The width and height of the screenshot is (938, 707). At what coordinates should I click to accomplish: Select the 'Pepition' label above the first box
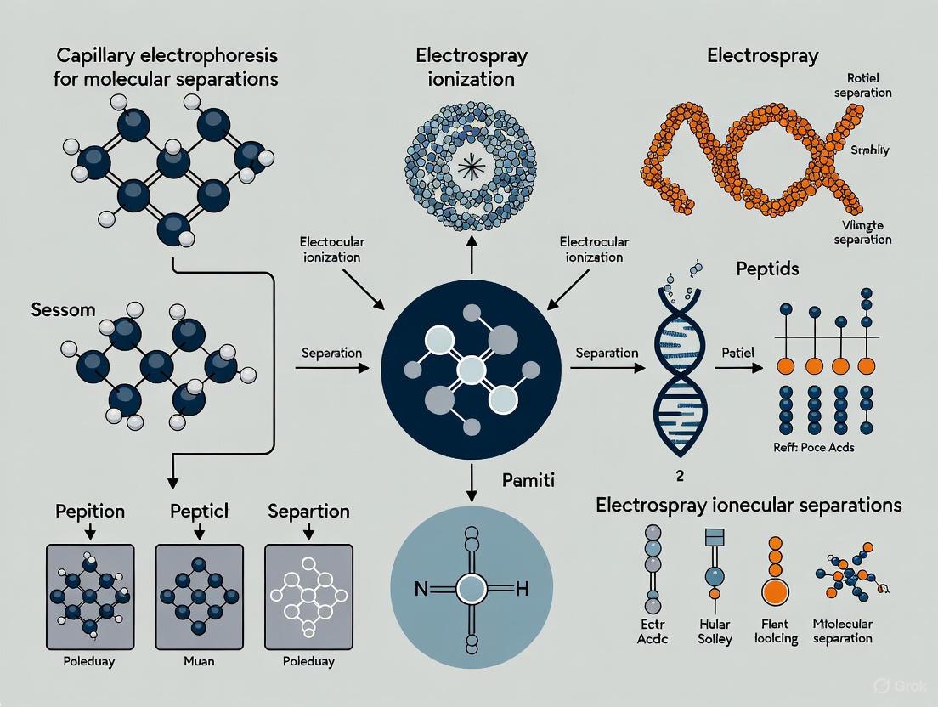click(90, 512)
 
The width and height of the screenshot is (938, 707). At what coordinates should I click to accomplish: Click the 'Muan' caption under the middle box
click(198, 660)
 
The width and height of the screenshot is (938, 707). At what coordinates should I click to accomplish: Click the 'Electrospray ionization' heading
click(471, 68)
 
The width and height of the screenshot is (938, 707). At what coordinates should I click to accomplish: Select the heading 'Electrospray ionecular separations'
click(749, 505)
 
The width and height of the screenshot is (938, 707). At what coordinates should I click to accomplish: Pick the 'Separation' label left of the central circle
click(331, 352)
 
